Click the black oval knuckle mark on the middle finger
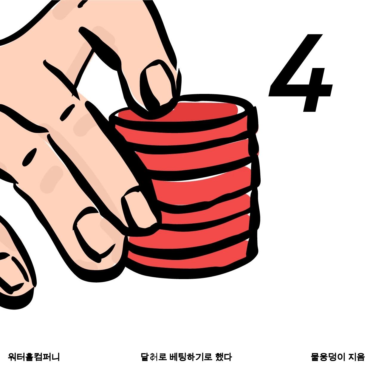tap(67, 112)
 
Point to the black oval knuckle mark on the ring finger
tap(30, 157)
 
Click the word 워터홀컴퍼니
tap(34, 357)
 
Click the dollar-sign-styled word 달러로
tap(154, 357)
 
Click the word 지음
tap(357, 357)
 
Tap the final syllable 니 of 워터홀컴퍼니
tap(55, 357)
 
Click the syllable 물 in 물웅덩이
tap(315, 357)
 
